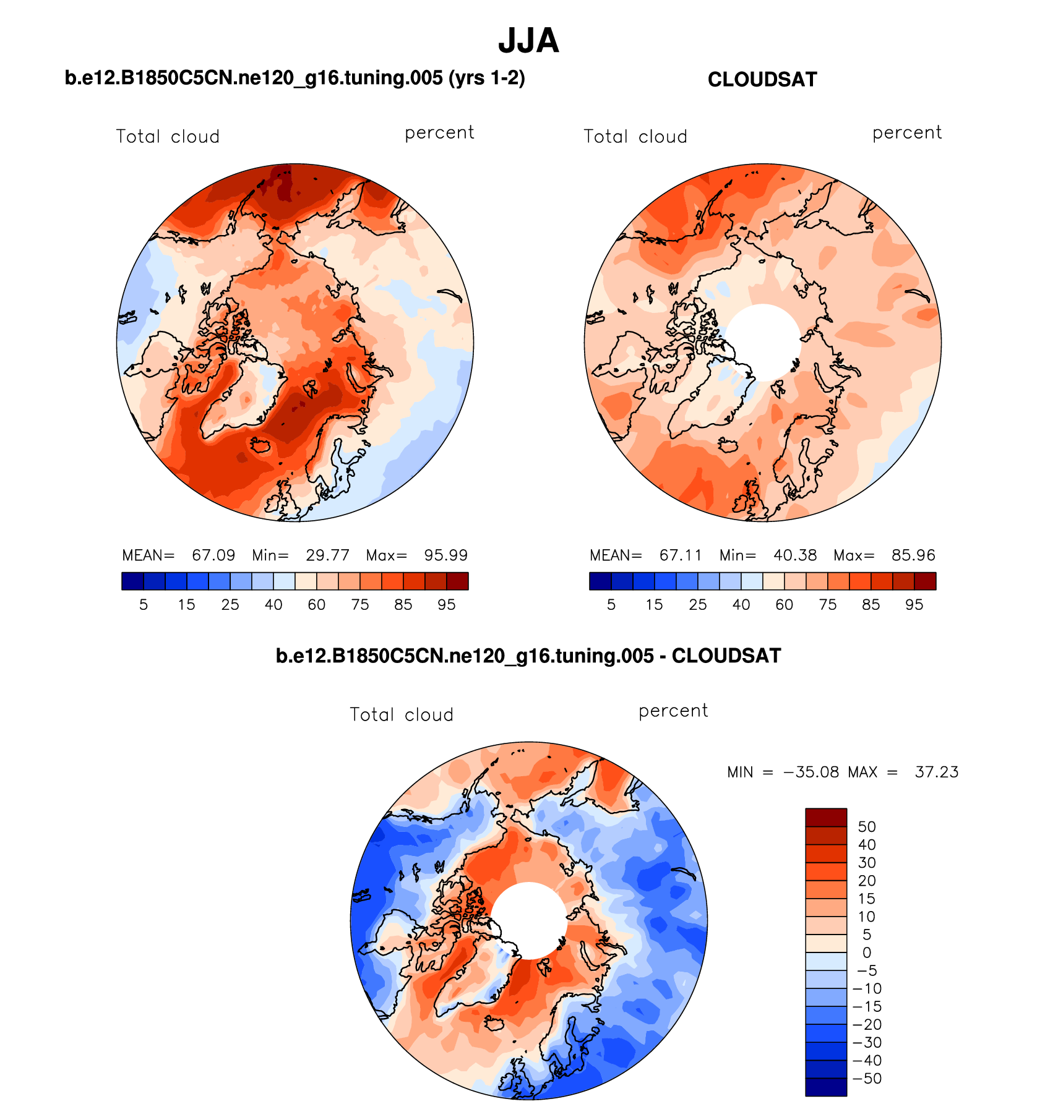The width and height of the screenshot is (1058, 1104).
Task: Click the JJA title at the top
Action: (x=528, y=41)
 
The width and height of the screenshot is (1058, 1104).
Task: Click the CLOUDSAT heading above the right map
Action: (x=762, y=80)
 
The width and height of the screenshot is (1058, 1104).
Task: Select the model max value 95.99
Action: (x=445, y=555)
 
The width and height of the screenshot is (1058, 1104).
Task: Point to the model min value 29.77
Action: (x=327, y=555)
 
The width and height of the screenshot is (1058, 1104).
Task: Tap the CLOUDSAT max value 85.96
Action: (x=913, y=555)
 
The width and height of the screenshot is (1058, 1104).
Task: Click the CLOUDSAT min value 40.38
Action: (x=795, y=555)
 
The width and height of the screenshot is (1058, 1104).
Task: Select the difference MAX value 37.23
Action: (x=936, y=772)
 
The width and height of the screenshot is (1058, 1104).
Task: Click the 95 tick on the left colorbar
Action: (x=446, y=605)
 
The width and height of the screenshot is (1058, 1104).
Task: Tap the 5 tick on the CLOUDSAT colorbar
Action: (x=611, y=605)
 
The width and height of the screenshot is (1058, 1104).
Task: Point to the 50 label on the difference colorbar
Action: (x=867, y=827)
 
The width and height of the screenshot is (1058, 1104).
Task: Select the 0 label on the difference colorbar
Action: (x=867, y=953)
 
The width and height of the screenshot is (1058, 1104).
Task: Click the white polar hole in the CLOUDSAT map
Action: (x=763, y=342)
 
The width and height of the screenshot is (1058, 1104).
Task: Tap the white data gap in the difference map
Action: (x=529, y=920)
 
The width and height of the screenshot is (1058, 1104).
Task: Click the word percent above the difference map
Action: (x=673, y=711)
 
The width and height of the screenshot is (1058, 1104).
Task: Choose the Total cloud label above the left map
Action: (x=168, y=137)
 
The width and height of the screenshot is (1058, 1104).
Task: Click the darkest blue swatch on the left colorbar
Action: (x=132, y=581)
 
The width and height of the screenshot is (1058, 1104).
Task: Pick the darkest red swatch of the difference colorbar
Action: (x=825, y=817)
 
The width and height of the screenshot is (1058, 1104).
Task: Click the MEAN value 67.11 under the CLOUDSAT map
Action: (x=681, y=555)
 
